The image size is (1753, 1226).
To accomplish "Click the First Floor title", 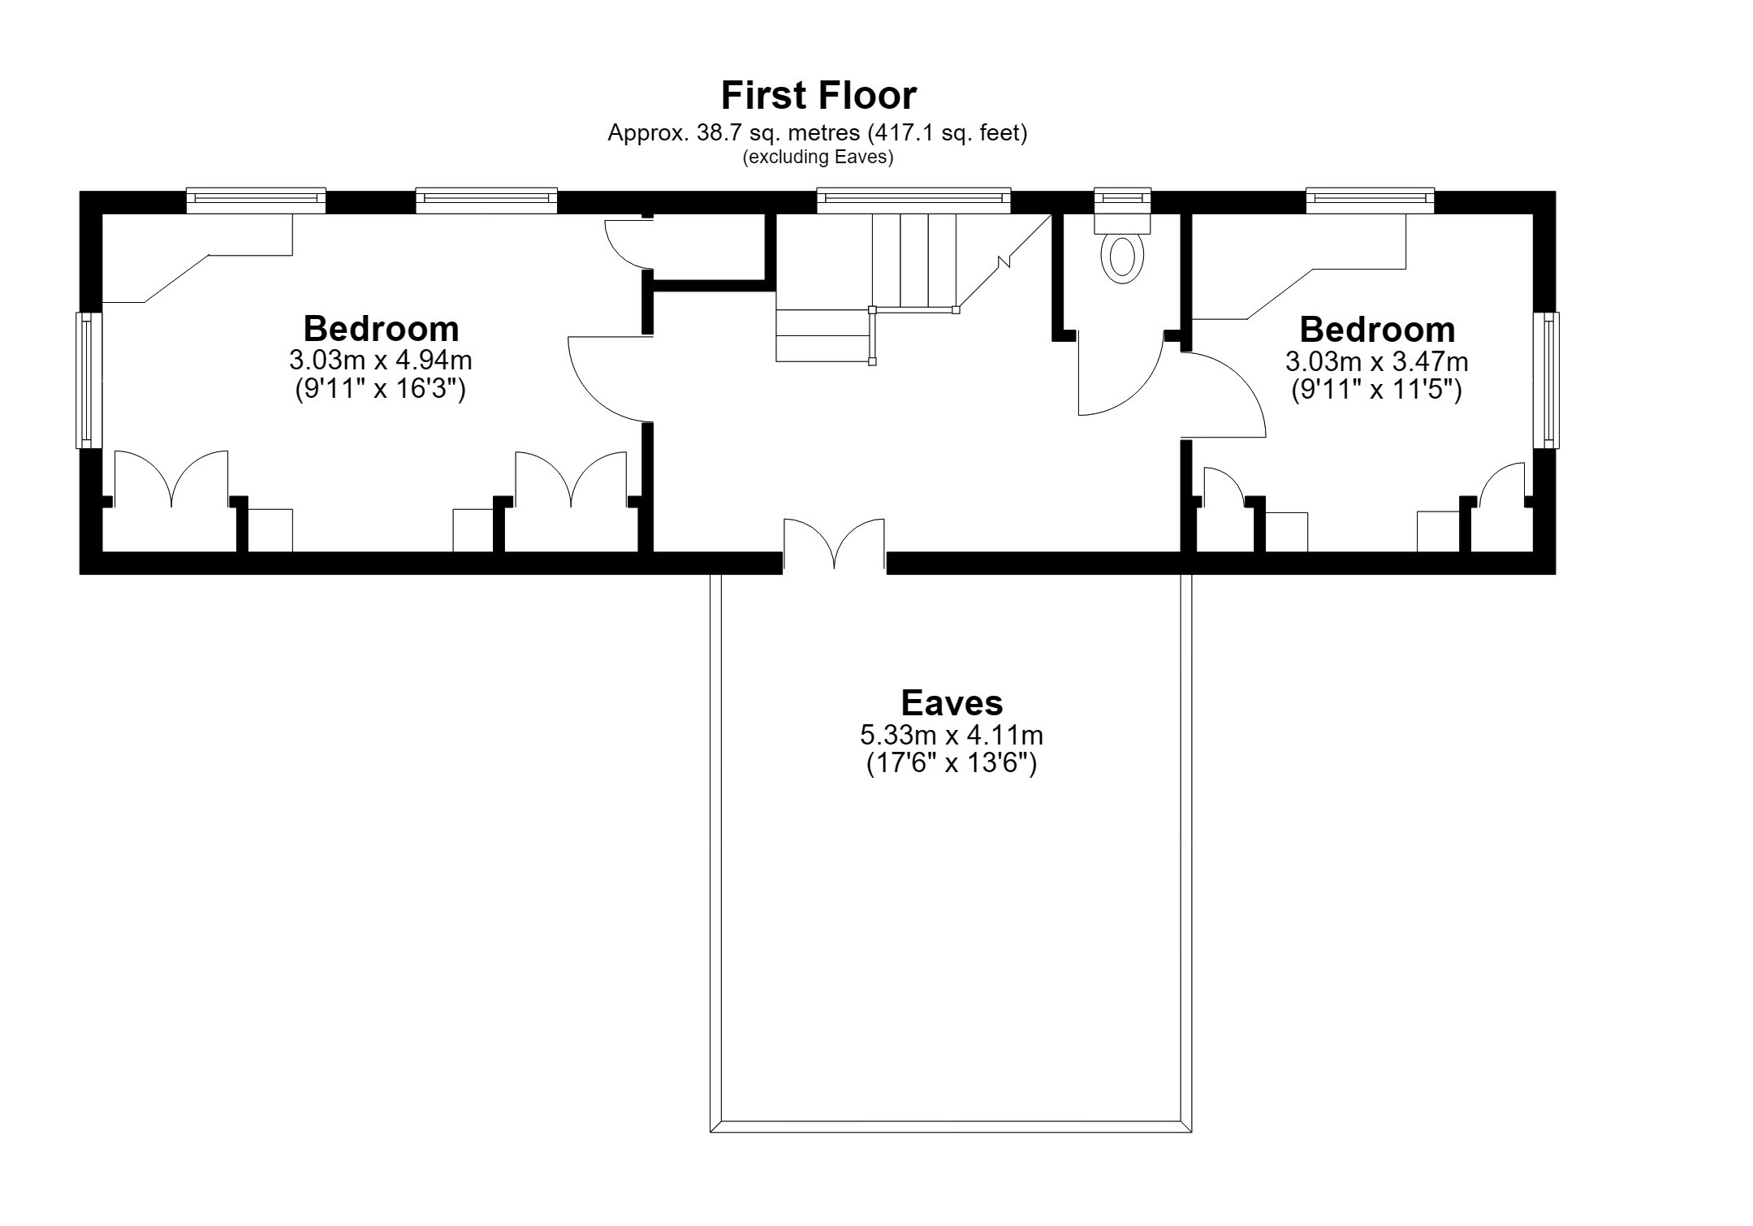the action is [818, 95].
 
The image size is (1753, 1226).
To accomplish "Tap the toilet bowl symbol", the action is [1122, 257].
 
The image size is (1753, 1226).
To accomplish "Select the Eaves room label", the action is [952, 702].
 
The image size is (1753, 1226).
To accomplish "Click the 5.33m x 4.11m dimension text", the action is [952, 735].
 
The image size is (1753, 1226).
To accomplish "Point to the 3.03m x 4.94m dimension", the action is [381, 359].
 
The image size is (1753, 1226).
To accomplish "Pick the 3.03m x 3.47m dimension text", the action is [1377, 360].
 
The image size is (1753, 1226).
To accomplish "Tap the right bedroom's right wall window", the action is [1546, 380].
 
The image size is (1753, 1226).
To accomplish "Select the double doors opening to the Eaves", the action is [834, 542].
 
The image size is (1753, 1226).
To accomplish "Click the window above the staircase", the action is [913, 201].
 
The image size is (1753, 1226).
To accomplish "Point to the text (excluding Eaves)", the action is [818, 158].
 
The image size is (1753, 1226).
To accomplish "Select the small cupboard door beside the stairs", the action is [628, 243].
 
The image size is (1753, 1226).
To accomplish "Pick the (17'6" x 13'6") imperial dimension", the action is [952, 764].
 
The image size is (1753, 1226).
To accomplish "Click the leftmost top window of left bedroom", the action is [256, 201].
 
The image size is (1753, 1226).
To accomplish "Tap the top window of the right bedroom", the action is [1370, 201].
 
